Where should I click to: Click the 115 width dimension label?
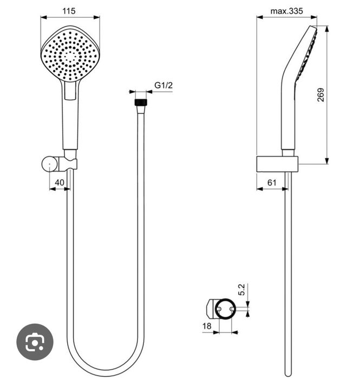69,10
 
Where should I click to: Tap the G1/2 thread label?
163,85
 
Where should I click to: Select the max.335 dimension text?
286,10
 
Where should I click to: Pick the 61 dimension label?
271,183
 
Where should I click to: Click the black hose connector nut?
141,101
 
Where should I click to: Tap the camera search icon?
35,342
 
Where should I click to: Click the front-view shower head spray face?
70,54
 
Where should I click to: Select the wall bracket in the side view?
277,164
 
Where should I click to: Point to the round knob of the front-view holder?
49,163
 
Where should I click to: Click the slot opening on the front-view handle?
70,92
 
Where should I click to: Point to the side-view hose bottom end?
287,368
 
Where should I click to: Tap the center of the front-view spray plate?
70,55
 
